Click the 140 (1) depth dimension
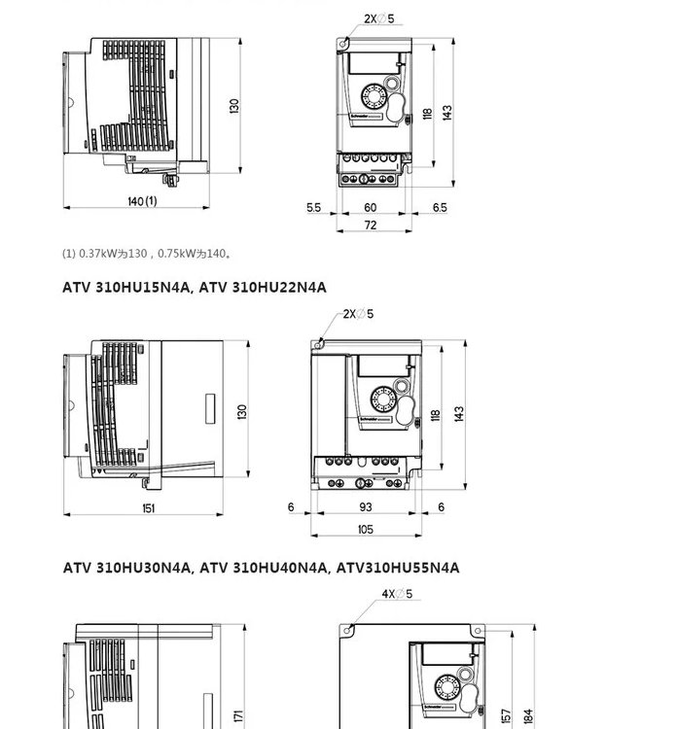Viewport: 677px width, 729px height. [141, 201]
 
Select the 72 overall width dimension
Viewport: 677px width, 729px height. [371, 226]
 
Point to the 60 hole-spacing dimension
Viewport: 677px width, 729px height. [371, 207]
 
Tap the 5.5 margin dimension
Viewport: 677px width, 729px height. [313, 207]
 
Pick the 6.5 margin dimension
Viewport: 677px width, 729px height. [440, 207]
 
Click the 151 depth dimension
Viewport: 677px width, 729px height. [149, 507]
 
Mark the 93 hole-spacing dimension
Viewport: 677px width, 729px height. [366, 507]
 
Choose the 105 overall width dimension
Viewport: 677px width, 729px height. [366, 529]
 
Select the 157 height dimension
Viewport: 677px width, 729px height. [506, 716]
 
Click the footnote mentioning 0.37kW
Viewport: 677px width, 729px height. [147, 254]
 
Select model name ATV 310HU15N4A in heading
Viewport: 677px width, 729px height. [128, 287]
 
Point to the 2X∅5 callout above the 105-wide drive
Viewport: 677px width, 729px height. [358, 314]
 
